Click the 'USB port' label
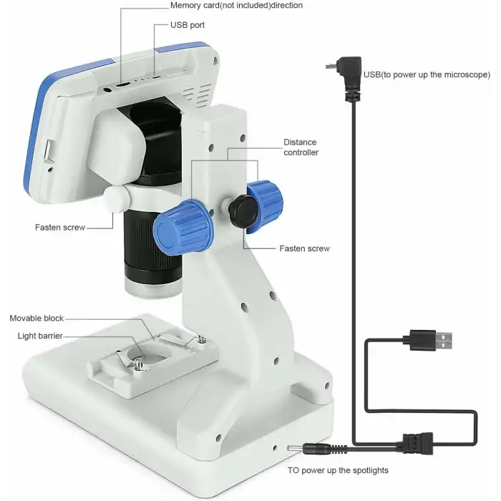point(188,25)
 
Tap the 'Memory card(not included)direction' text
point(236,6)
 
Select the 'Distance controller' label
point(301,147)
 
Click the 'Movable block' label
point(37,318)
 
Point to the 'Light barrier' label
point(40,336)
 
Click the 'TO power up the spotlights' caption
point(338,470)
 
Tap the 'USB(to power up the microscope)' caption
point(427,74)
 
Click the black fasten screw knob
point(243,211)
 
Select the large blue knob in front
point(183,227)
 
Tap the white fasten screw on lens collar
point(116,199)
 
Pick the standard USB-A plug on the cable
point(428,340)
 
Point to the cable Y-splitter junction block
point(417,443)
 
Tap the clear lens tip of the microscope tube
point(152,288)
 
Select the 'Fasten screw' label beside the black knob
point(304,248)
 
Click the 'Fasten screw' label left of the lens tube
point(60,228)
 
